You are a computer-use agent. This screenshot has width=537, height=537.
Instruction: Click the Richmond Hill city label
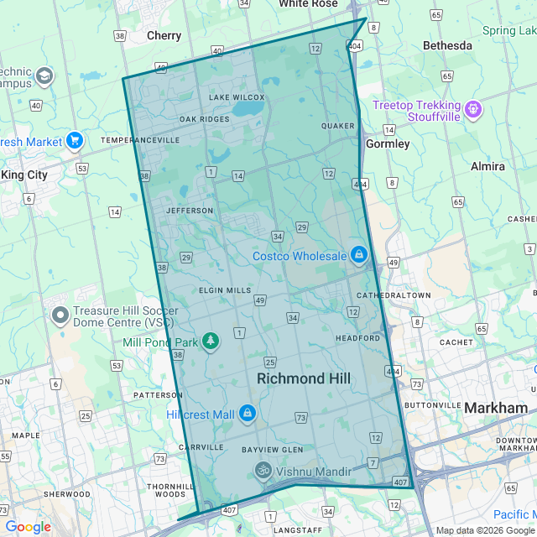pyautogui.click(x=303, y=379)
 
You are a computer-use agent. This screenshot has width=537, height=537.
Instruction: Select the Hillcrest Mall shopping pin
pyautogui.click(x=247, y=414)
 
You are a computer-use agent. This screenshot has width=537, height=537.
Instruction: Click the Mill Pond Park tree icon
pyautogui.click(x=211, y=341)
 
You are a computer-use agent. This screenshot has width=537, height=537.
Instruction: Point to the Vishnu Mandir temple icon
pyautogui.click(x=263, y=471)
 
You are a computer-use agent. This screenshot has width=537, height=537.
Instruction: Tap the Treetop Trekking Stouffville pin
pyautogui.click(x=473, y=109)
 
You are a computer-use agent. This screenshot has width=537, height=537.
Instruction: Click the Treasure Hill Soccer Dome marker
pyautogui.click(x=60, y=315)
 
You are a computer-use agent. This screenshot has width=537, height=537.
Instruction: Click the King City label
pyautogui.click(x=24, y=175)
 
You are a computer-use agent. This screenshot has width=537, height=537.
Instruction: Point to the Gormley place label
pyautogui.click(x=388, y=143)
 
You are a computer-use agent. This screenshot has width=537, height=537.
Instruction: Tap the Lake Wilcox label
pyautogui.click(x=237, y=97)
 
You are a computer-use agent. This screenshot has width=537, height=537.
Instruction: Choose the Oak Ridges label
pyautogui.click(x=204, y=119)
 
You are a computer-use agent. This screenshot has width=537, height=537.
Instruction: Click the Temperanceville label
pyautogui.click(x=140, y=140)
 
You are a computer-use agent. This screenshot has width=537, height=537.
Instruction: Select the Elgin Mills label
pyautogui.click(x=225, y=290)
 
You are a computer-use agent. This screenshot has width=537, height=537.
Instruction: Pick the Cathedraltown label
pyautogui.click(x=394, y=295)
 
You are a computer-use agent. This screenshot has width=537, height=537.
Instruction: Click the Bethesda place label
pyautogui.click(x=447, y=45)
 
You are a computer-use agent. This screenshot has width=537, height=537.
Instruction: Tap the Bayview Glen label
pyautogui.click(x=266, y=450)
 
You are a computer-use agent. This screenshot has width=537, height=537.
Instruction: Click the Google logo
pyautogui.click(x=28, y=527)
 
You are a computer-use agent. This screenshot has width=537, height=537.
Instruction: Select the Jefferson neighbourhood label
pyautogui.click(x=190, y=211)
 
